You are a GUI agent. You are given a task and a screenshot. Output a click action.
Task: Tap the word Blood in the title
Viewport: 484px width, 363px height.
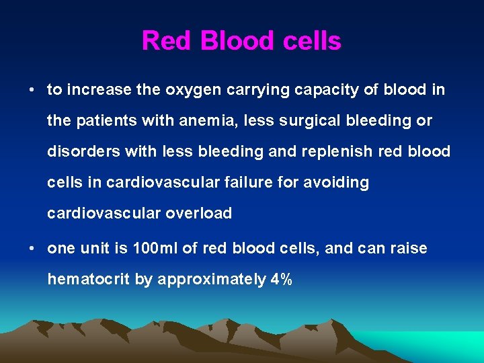[x=233, y=41]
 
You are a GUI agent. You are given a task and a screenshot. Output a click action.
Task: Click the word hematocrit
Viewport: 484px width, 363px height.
[x=89, y=280]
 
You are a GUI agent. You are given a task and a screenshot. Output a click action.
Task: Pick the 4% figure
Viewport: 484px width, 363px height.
[x=280, y=280]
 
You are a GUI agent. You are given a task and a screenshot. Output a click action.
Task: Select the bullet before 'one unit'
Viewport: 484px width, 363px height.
[x=32, y=249]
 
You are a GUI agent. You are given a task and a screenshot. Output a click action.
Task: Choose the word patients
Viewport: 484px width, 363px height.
[x=109, y=121]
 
